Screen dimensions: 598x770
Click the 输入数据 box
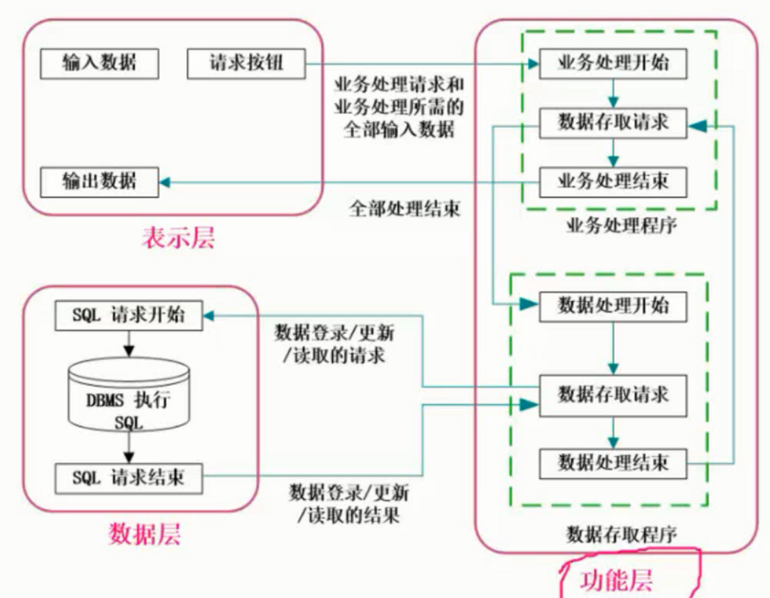point(99,64)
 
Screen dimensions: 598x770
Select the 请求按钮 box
point(246,64)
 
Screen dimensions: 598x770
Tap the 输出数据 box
point(99,181)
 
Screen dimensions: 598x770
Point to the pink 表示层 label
point(178,239)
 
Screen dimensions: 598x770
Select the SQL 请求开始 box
point(130,317)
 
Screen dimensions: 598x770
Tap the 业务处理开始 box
point(613,65)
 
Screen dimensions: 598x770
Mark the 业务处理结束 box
point(613,181)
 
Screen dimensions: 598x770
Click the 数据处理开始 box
point(613,304)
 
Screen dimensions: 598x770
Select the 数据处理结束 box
point(613,462)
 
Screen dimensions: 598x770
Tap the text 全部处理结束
point(404,208)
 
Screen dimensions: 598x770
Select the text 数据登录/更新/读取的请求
point(335,344)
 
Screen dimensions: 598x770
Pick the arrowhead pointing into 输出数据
point(166,182)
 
